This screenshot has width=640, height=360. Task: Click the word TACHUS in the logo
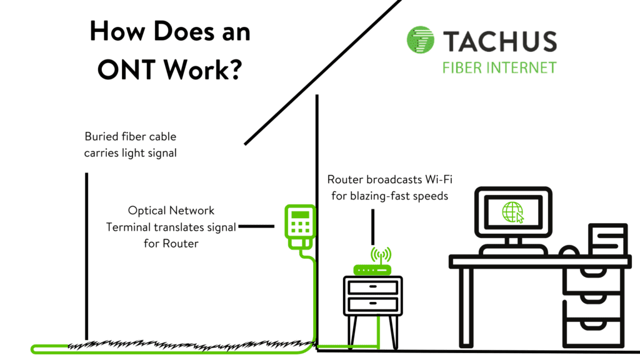500,42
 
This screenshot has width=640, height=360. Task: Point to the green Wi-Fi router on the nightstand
372,269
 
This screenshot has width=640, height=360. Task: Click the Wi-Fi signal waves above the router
380,254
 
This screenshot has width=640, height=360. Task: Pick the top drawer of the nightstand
372,287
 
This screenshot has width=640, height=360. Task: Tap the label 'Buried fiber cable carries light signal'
130,144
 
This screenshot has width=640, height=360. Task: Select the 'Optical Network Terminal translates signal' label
171,227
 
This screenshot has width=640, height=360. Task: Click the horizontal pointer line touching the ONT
256,227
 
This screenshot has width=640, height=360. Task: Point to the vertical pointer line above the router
373,226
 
